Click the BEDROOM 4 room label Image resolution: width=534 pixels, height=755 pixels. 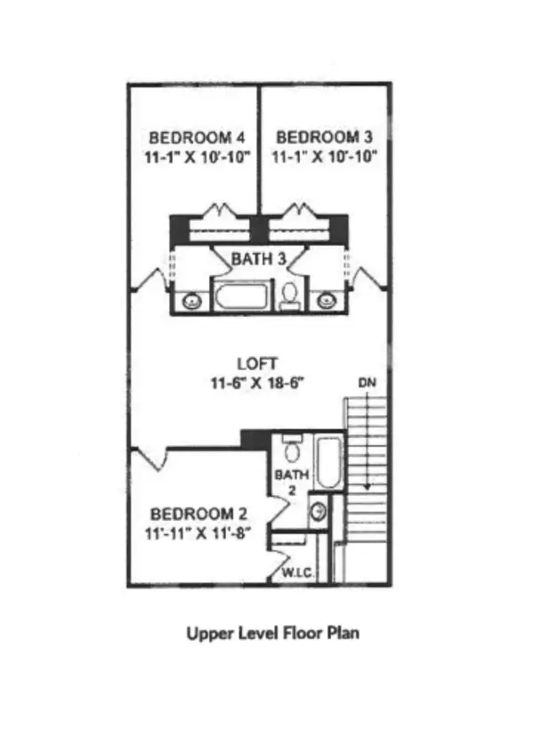pyautogui.click(x=197, y=138)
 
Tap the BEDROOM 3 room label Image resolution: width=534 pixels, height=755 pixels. pyautogui.click(x=324, y=137)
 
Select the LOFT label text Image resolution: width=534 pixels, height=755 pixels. pyautogui.click(x=257, y=363)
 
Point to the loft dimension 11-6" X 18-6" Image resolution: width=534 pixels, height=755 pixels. pyautogui.click(x=257, y=383)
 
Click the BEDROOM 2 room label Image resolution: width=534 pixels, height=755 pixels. pyautogui.click(x=198, y=515)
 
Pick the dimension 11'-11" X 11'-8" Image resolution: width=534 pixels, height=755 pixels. pyautogui.click(x=198, y=533)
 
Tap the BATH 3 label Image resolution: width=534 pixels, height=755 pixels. pyautogui.click(x=259, y=259)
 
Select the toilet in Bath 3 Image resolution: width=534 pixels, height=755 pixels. pyautogui.click(x=290, y=296)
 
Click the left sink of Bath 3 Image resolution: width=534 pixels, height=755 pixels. pyautogui.click(x=191, y=302)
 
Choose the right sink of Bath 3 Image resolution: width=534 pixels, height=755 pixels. pyautogui.click(x=326, y=302)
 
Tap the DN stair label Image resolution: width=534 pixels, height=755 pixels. pyautogui.click(x=367, y=383)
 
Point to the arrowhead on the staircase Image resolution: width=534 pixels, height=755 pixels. pyautogui.click(x=367, y=486)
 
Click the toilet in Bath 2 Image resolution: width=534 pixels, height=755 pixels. pyautogui.click(x=291, y=449)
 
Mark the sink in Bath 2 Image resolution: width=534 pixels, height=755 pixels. pyautogui.click(x=318, y=511)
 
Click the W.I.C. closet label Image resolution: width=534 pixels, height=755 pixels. pyautogui.click(x=298, y=573)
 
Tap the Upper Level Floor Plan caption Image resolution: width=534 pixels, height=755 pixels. pyautogui.click(x=272, y=633)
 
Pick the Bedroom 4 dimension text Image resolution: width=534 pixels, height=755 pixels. pyautogui.click(x=198, y=157)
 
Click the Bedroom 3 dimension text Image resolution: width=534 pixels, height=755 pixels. pyautogui.click(x=324, y=157)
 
